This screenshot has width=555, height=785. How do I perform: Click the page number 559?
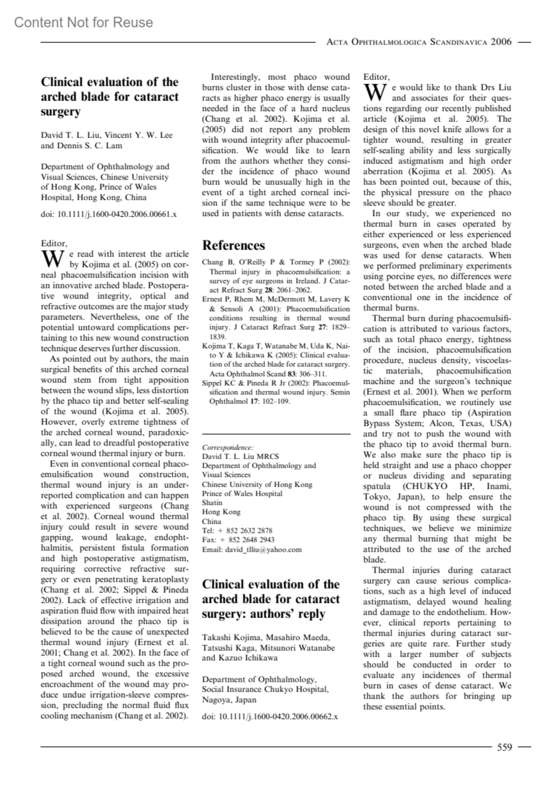(x=504, y=747)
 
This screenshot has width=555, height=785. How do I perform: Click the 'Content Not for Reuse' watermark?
(x=83, y=22)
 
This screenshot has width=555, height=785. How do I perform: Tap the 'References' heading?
(x=234, y=245)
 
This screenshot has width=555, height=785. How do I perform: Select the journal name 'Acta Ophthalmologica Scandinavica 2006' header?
(x=419, y=42)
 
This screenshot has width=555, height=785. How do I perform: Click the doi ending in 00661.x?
(x=109, y=215)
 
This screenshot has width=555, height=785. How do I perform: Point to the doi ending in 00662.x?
(x=270, y=717)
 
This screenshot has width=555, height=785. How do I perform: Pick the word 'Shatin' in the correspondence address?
(x=212, y=503)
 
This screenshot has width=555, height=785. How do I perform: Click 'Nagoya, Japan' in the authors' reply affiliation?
(x=229, y=700)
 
